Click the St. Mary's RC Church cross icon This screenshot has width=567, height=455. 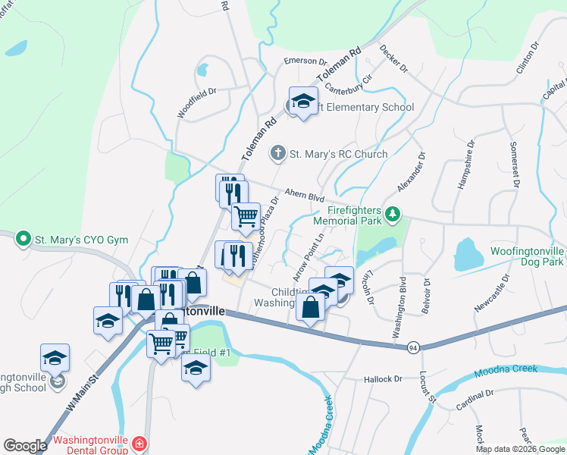[277, 154]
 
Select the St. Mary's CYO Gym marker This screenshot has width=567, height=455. [23, 240]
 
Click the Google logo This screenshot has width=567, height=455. [25, 446]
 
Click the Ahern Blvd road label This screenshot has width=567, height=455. [305, 196]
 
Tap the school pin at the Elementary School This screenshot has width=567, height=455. [303, 102]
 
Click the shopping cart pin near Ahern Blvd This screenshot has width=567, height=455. [246, 217]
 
